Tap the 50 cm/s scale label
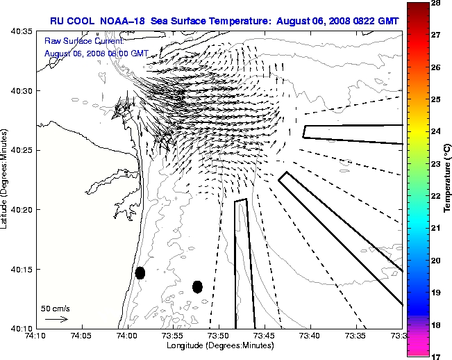coord(56,308)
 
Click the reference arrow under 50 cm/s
coord(56,319)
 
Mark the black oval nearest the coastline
coord(140,272)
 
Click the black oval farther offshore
coord(197,286)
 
